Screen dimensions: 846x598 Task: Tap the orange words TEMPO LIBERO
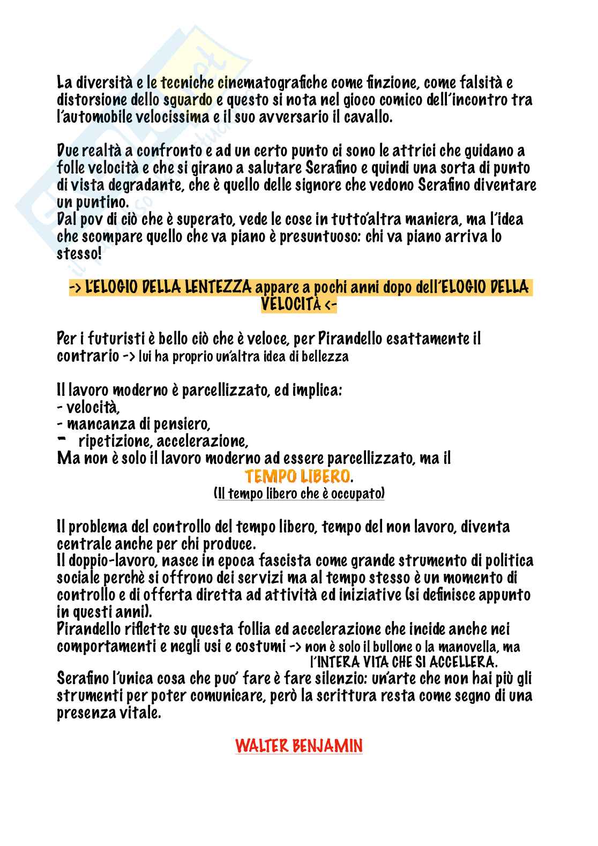click(x=298, y=476)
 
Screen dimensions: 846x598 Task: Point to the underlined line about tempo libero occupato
click(x=298, y=493)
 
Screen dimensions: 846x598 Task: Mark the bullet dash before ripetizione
click(x=61, y=439)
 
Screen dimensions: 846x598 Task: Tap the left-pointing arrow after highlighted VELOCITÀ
click(x=331, y=305)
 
